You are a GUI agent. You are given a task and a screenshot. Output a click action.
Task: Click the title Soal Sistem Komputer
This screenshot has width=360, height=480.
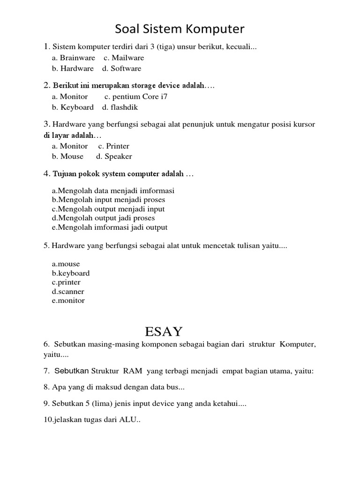click(x=180, y=30)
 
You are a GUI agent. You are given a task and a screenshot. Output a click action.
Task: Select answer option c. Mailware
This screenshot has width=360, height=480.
click(x=124, y=58)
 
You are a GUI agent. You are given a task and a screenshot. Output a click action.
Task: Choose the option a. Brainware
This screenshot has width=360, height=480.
click(x=74, y=58)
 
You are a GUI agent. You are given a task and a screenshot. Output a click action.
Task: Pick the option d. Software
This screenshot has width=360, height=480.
click(x=121, y=68)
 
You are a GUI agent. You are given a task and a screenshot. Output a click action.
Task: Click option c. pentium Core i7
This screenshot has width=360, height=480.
click(x=135, y=97)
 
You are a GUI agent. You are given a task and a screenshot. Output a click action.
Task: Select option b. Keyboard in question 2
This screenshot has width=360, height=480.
click(x=73, y=107)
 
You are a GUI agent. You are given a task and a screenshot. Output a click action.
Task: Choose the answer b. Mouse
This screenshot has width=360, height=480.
click(x=67, y=157)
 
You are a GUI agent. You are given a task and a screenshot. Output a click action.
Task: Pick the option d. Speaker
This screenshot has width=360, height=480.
click(x=114, y=157)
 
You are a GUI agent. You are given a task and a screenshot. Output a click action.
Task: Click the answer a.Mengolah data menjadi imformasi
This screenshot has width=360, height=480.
click(x=113, y=191)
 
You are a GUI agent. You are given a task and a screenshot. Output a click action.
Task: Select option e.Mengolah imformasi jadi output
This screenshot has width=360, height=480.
click(x=110, y=227)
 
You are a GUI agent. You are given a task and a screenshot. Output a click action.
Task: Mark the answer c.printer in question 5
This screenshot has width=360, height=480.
click(x=66, y=282)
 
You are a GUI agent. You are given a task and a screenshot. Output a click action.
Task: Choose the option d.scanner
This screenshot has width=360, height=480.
click(x=68, y=292)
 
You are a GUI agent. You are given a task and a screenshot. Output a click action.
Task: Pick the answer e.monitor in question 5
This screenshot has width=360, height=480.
click(x=68, y=300)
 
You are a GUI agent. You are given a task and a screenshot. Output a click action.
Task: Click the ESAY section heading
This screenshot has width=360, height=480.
click(x=164, y=332)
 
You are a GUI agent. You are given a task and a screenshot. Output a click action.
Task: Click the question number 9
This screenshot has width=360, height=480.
click(x=45, y=404)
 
